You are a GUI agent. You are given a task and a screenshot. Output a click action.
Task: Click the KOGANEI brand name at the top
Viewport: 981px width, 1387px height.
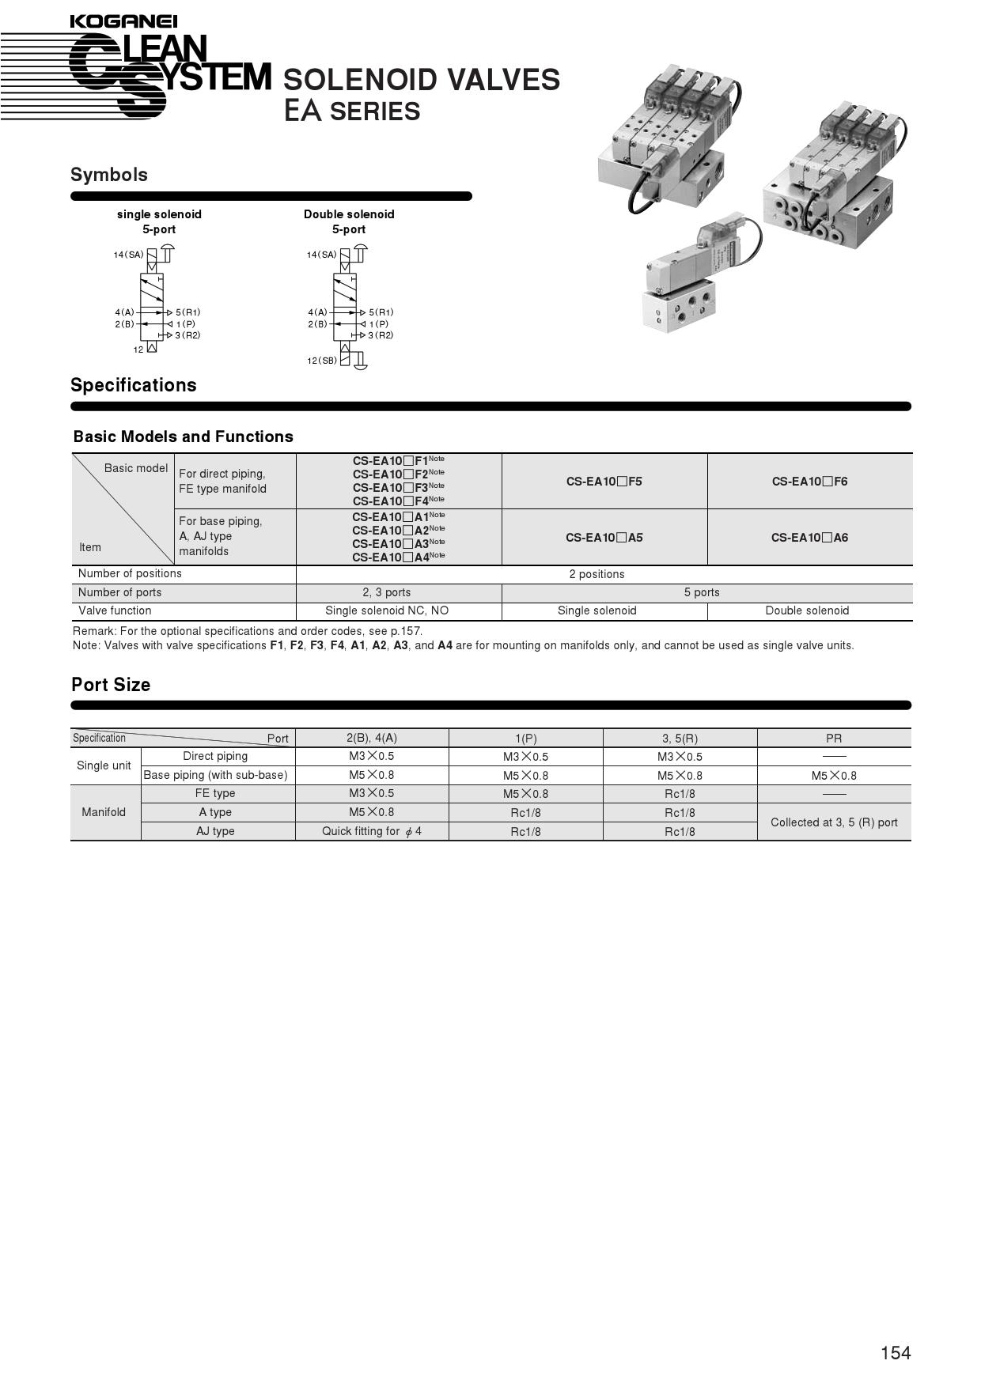[x=123, y=21]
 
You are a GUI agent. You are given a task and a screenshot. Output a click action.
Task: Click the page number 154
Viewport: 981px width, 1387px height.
[x=896, y=1353]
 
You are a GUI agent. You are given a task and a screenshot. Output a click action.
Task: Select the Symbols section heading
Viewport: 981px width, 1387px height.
[x=109, y=175]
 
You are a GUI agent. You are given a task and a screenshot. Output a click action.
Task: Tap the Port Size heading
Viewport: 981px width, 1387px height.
[x=111, y=685]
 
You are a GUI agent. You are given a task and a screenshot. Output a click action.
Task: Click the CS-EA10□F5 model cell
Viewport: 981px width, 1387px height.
[x=604, y=482]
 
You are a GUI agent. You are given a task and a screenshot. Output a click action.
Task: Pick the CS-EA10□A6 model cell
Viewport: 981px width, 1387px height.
[x=809, y=538]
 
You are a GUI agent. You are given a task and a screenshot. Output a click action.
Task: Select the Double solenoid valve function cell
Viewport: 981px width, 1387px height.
[x=807, y=610]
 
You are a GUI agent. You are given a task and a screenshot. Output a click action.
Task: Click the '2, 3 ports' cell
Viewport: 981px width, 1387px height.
[x=387, y=592]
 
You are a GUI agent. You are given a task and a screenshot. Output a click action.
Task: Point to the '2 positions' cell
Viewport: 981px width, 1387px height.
[x=597, y=574]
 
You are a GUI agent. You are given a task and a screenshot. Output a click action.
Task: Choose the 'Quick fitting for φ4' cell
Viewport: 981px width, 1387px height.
[x=372, y=831]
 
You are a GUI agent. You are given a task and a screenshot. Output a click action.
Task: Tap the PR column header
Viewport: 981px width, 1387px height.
[x=834, y=739]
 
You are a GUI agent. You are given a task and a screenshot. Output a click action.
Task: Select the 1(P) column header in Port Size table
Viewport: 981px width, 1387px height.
[x=525, y=739]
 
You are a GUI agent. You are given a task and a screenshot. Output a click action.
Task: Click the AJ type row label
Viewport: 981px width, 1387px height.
[x=215, y=831]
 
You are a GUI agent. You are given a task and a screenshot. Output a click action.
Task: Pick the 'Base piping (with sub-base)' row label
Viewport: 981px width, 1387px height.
[x=215, y=775]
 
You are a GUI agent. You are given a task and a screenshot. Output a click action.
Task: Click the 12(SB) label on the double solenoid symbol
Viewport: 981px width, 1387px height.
[x=322, y=361]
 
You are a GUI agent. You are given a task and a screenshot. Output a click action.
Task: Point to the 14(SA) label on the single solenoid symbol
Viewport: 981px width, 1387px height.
[x=128, y=255]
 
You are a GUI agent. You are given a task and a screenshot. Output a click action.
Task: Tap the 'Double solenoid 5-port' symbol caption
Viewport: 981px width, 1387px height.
[x=349, y=221]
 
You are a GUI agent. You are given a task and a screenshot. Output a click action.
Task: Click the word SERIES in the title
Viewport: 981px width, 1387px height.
[x=375, y=112]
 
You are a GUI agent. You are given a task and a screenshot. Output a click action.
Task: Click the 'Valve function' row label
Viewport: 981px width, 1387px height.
[x=115, y=610]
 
